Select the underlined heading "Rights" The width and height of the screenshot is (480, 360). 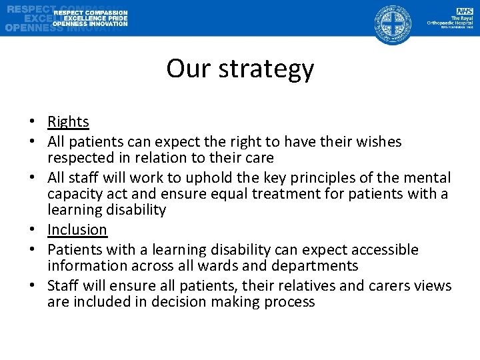point(68,121)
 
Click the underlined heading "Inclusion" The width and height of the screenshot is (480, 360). point(77,230)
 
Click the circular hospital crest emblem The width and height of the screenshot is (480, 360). point(391,23)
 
